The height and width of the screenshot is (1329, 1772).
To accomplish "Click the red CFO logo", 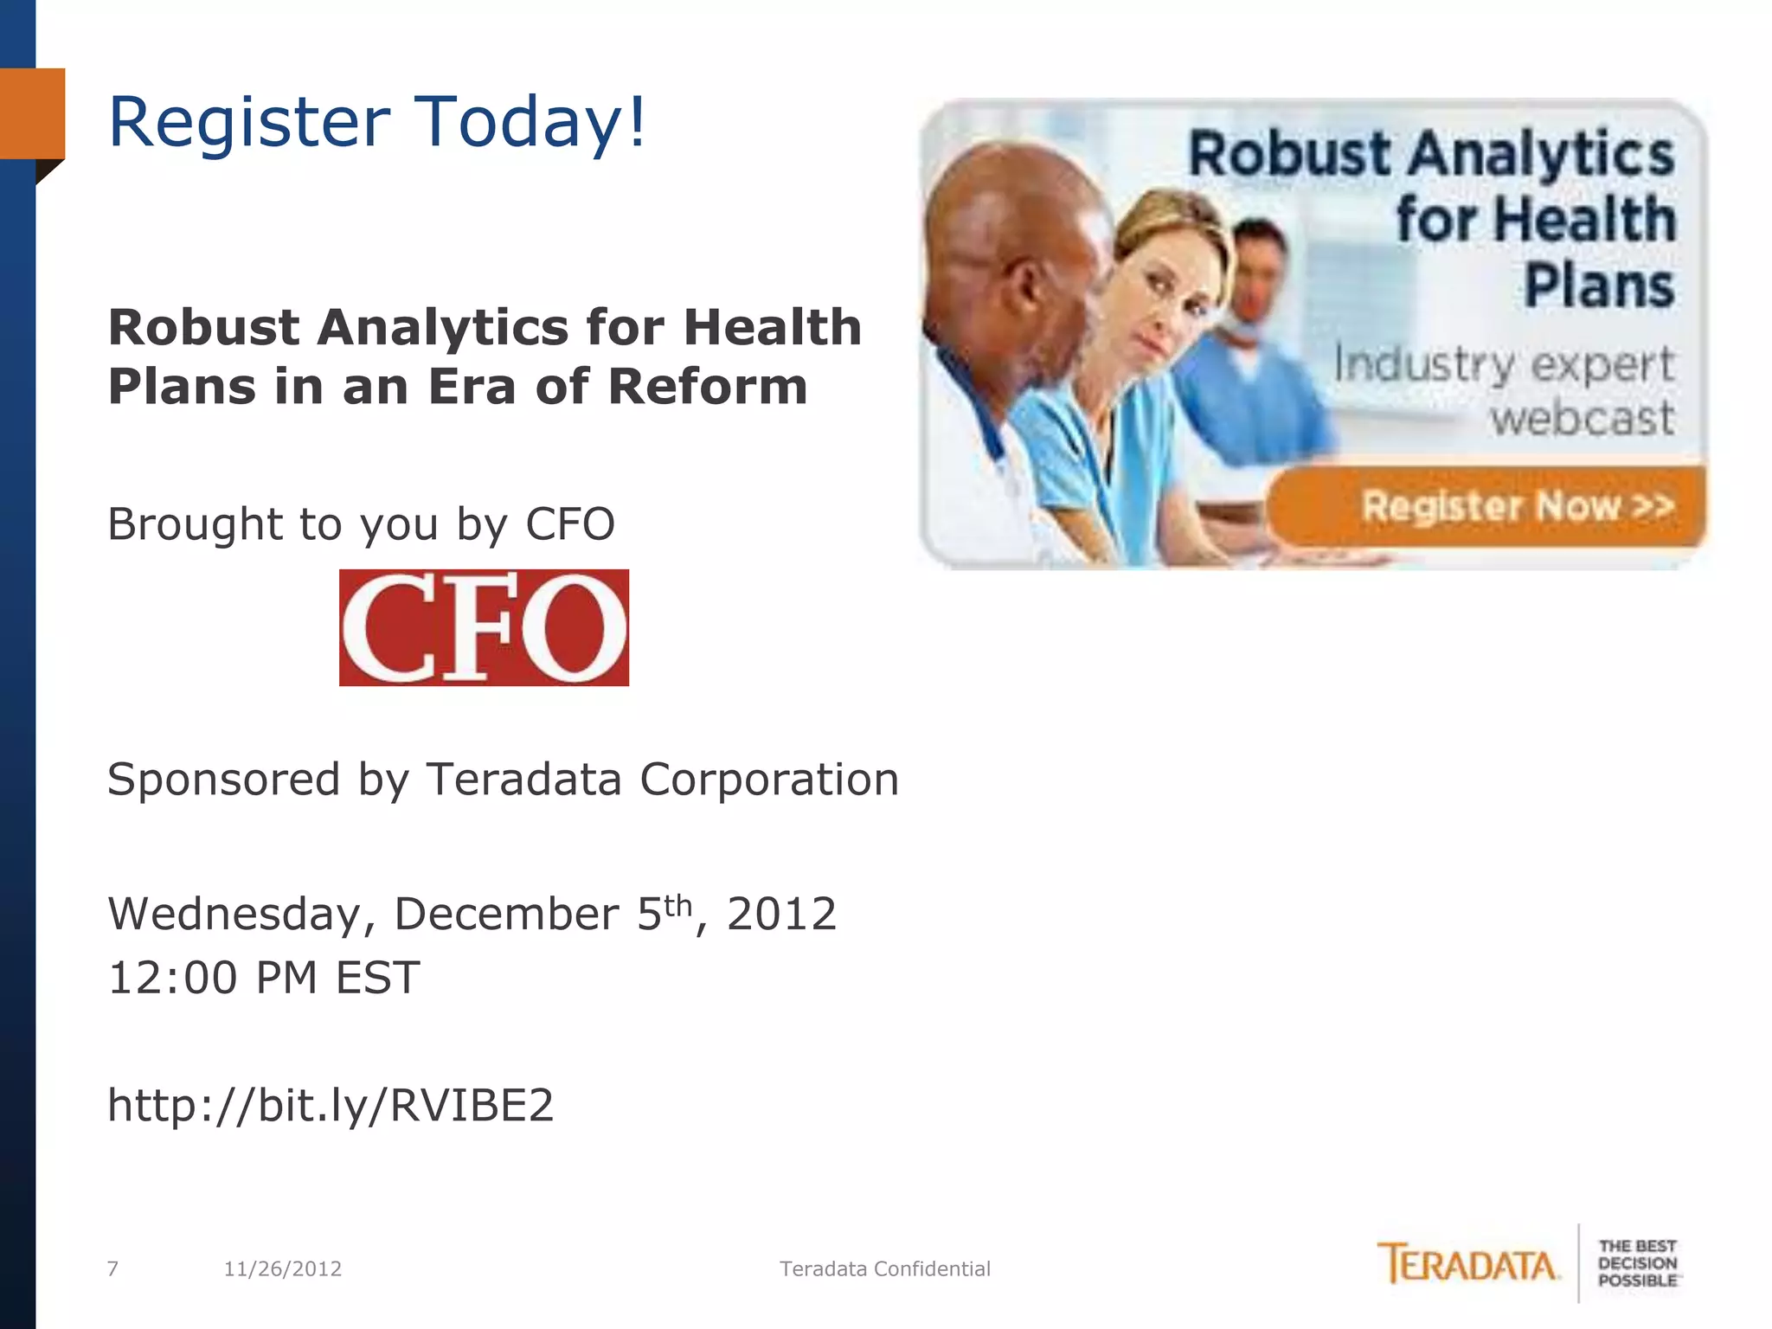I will (484, 627).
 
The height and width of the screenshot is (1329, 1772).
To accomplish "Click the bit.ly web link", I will (331, 1105).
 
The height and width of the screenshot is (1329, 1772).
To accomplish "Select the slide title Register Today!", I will (376, 122).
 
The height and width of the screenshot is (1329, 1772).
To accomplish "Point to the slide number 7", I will (112, 1269).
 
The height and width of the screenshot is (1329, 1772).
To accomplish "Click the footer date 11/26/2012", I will (282, 1269).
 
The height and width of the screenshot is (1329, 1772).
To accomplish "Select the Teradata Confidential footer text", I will (884, 1269).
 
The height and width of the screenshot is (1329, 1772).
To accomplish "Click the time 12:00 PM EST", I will (264, 979).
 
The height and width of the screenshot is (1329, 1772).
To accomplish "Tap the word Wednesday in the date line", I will (234, 915).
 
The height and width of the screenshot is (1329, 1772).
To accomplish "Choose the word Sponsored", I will (223, 780).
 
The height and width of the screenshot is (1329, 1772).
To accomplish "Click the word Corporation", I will (769, 780).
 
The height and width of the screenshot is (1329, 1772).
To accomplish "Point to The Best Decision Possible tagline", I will (1637, 1263).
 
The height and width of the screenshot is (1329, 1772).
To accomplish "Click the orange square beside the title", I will (33, 113).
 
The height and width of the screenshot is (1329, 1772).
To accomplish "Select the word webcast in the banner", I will (1582, 419).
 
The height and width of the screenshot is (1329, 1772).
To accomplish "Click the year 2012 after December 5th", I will (781, 915).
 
